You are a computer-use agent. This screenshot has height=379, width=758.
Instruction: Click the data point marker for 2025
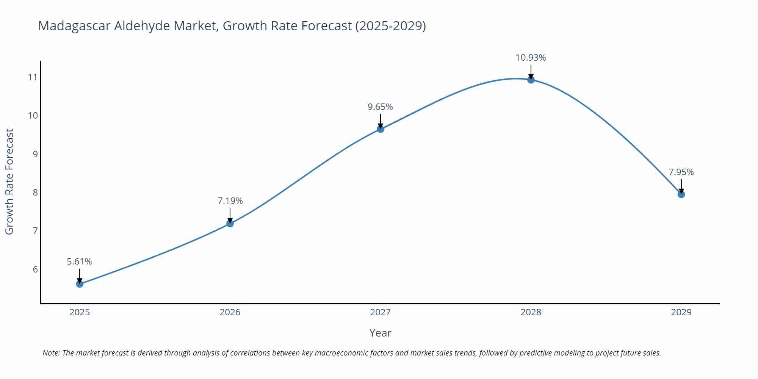80,284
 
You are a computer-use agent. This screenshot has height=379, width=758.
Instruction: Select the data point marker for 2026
230,224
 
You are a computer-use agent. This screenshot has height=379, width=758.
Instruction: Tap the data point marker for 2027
381,129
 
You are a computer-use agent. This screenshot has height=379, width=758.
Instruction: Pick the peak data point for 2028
531,80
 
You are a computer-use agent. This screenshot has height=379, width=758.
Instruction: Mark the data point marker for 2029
681,194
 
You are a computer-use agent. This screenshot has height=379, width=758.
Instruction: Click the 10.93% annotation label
531,58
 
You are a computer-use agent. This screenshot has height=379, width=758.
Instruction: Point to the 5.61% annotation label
80,262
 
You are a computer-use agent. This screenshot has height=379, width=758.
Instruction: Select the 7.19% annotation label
230,201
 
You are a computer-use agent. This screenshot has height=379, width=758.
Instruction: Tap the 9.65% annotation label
380,107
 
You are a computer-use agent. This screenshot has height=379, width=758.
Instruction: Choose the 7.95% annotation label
681,172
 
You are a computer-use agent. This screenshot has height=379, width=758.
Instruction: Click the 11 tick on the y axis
33,77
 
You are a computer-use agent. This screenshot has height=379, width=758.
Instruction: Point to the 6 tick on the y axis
35,269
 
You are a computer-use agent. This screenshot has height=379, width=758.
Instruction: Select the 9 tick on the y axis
35,154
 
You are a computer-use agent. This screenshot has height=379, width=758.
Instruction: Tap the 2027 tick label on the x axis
380,312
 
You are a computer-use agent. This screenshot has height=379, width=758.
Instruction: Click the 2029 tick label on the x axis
681,312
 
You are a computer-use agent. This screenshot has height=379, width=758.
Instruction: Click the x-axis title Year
380,333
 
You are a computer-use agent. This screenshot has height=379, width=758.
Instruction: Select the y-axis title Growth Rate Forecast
9,182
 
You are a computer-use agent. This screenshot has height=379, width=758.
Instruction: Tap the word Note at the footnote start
51,353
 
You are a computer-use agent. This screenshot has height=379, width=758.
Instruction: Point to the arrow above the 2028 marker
531,71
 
